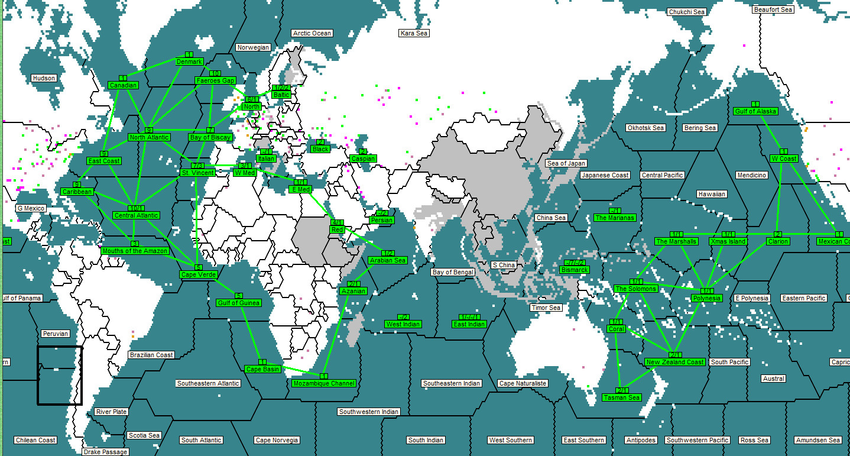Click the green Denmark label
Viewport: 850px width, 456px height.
coord(189,62)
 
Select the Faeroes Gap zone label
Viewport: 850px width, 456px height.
coord(215,80)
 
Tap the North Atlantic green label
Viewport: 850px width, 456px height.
coord(149,137)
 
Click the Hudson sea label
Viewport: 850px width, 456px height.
coord(44,78)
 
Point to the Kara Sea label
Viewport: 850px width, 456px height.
coord(414,33)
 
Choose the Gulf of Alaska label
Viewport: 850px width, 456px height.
coord(755,111)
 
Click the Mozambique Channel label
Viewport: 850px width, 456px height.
coord(324,383)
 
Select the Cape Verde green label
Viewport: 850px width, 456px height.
coord(199,274)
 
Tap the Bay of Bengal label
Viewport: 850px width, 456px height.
coord(453,272)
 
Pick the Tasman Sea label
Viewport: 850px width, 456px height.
coord(622,397)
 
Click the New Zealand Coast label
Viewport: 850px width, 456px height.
coord(674,362)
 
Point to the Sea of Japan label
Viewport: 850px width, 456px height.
coord(566,163)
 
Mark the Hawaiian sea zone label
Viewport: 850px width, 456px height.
coord(712,194)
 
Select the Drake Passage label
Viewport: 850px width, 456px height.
coord(105,452)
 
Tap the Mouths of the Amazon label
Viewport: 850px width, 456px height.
coord(135,251)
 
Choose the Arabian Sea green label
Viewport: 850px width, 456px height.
coord(387,260)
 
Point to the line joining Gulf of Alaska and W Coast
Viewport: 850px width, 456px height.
coord(771,132)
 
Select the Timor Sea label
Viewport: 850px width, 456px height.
coord(546,308)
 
